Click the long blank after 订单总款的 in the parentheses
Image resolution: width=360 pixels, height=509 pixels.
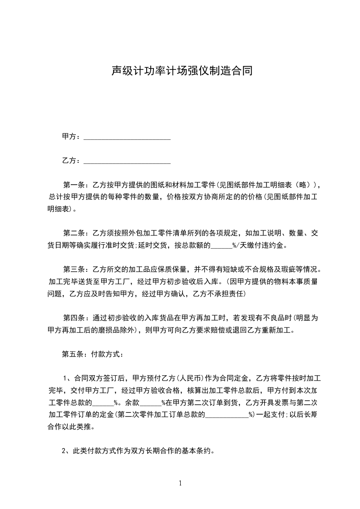click(x=227, y=415)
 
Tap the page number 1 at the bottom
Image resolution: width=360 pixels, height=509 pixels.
click(x=180, y=483)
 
